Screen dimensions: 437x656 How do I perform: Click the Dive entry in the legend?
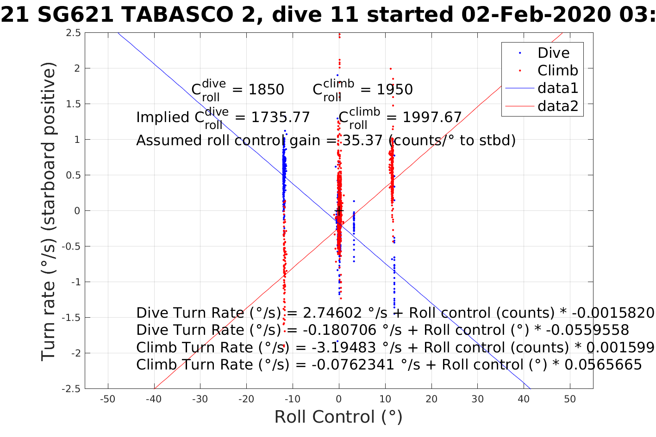[553, 53]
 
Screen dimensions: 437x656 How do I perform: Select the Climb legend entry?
[557, 70]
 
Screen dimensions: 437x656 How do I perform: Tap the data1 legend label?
[557, 88]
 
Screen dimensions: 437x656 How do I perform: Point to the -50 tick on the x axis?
[108, 399]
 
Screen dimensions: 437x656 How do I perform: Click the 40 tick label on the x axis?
[524, 399]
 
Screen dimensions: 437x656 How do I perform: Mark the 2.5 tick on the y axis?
[74, 33]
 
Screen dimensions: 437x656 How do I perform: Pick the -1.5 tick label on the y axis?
[72, 318]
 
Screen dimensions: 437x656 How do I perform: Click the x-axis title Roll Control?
[338, 417]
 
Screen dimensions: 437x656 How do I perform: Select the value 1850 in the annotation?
[266, 89]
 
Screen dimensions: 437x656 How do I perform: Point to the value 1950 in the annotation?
[394, 89]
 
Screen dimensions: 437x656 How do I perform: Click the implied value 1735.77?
[281, 117]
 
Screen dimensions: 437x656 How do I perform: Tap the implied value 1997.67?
[432, 117]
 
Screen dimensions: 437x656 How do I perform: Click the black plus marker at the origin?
[339, 211]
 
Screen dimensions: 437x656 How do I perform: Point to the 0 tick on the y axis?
[77, 211]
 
